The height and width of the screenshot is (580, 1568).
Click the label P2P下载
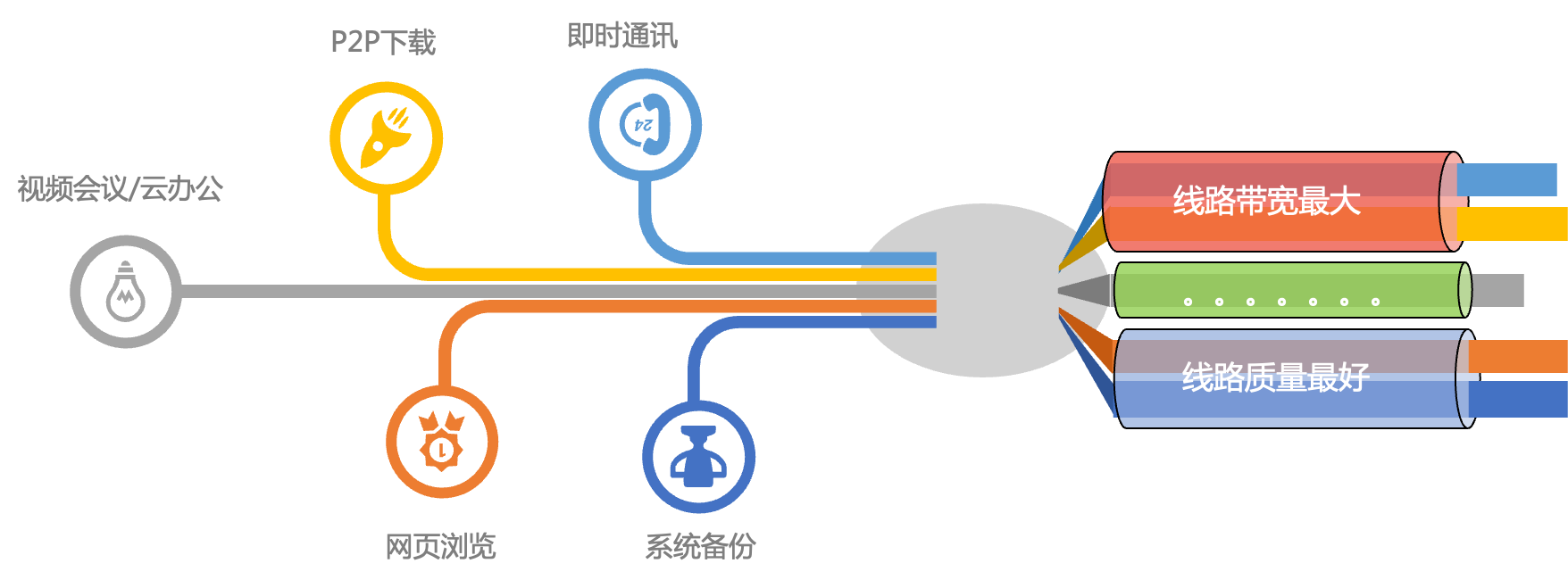pos(383,42)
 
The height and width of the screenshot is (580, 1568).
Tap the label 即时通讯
pos(622,37)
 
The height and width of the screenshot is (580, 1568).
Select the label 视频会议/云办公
pos(120,189)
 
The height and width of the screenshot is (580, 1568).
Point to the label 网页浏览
pos(440,546)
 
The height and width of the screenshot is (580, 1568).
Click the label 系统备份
pos(700,546)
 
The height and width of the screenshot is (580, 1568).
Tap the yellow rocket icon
pos(386,138)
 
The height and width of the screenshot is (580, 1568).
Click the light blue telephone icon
pos(645,125)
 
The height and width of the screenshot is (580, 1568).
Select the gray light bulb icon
pos(126,292)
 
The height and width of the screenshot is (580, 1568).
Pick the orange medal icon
pos(441,442)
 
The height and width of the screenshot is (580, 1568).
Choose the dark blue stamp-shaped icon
pos(698,456)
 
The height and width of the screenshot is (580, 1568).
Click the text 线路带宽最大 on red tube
pos(1266,202)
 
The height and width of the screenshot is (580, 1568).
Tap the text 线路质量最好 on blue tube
pos(1275,377)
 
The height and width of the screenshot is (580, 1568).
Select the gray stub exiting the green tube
pos(1497,290)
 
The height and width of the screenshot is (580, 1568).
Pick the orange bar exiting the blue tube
pos(1517,356)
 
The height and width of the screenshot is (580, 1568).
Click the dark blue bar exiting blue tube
pos(1517,399)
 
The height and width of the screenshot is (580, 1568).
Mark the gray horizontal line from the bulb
pos(518,292)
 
